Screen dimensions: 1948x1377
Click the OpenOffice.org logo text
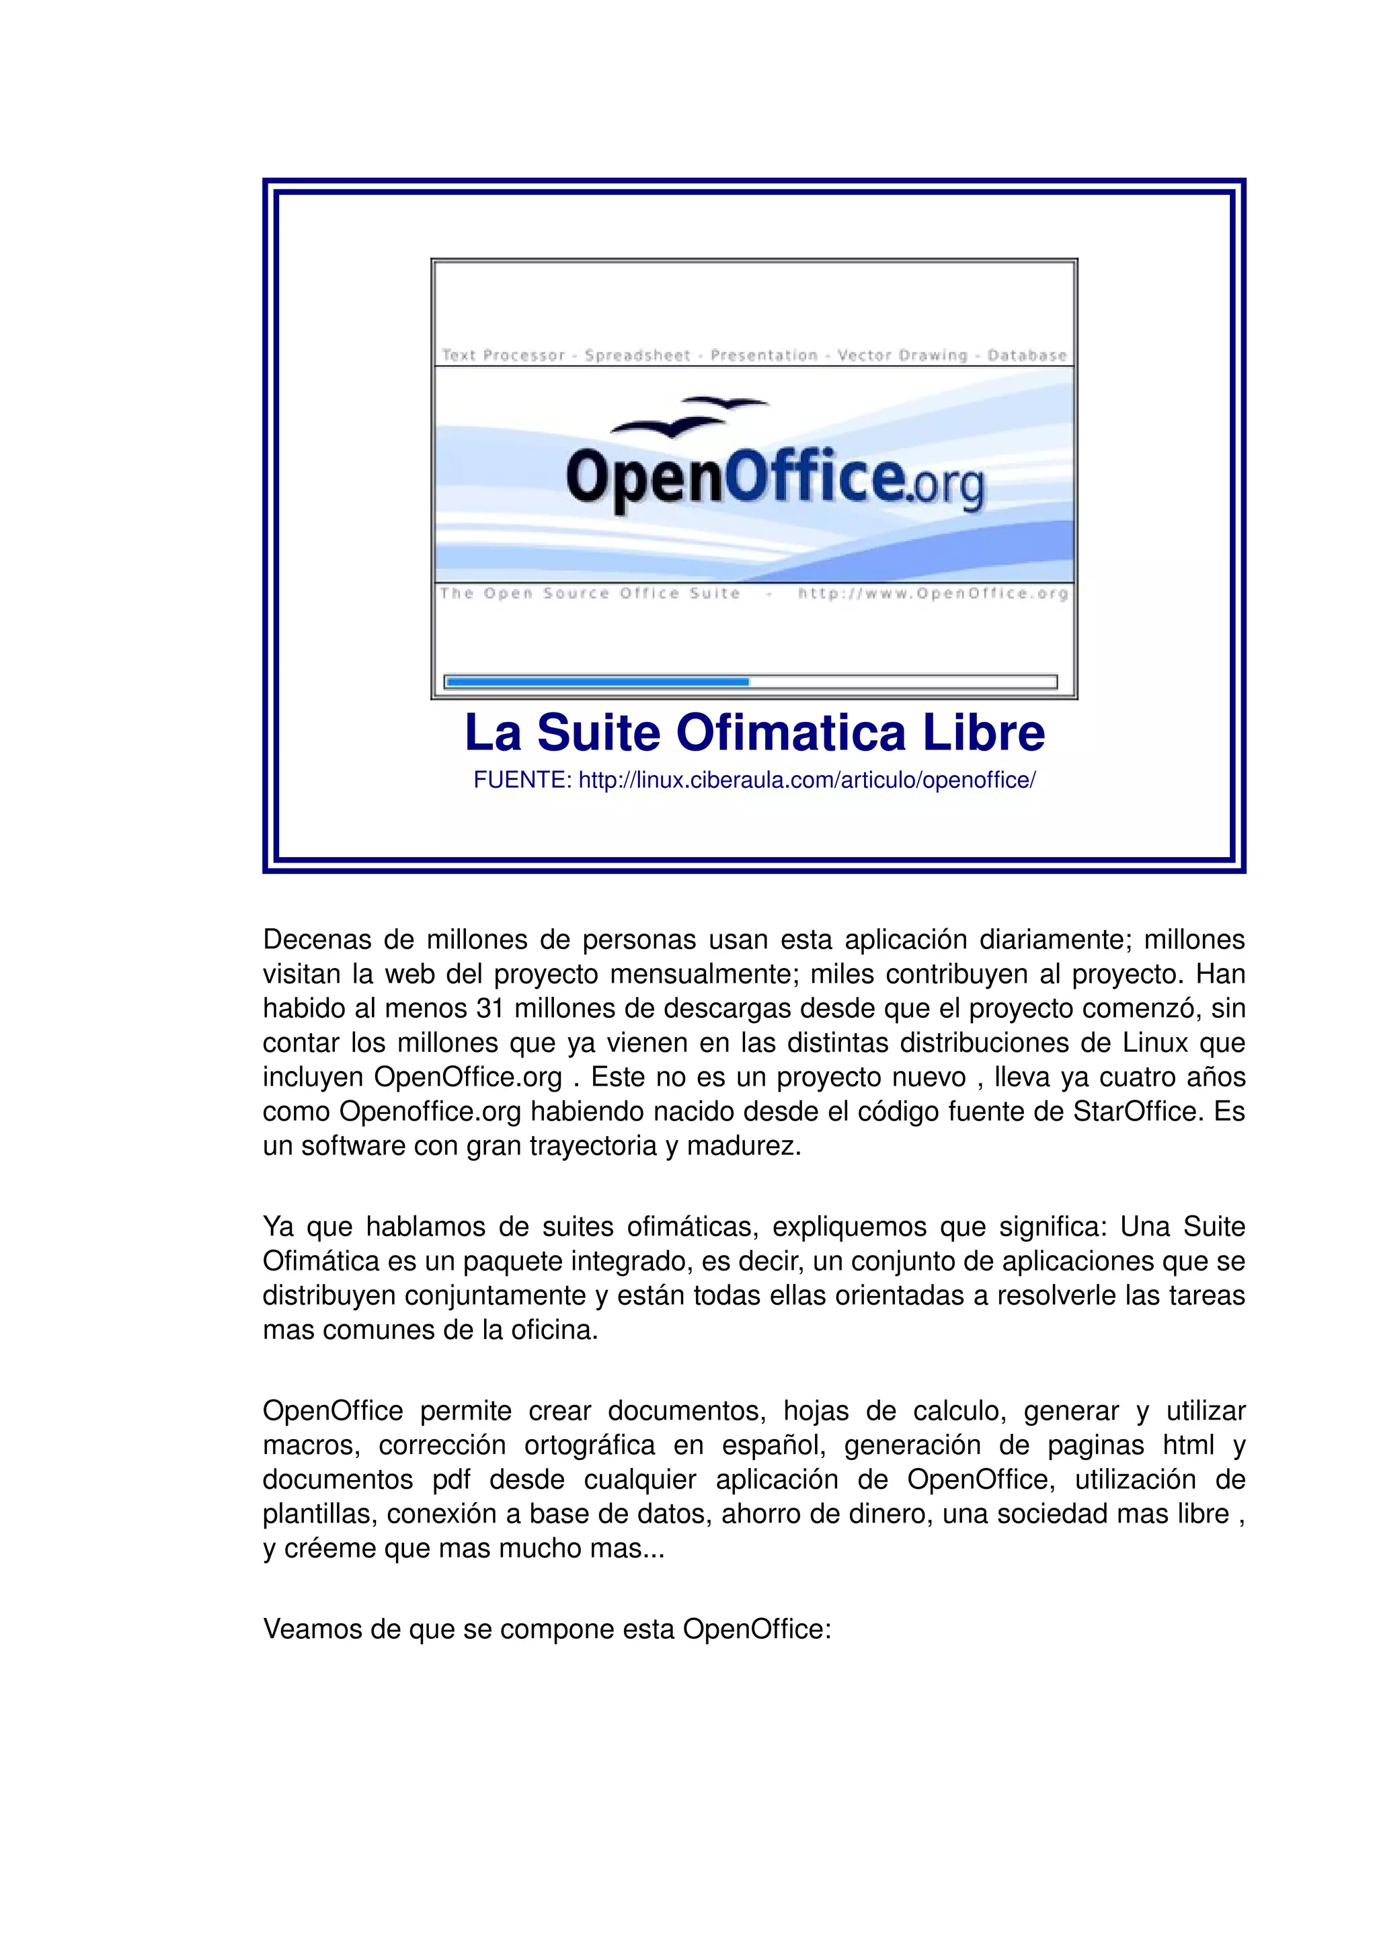pyautogui.click(x=774, y=479)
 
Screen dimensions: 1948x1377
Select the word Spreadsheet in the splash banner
pyautogui.click(x=637, y=356)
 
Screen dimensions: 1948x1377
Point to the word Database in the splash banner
pyautogui.click(x=1027, y=356)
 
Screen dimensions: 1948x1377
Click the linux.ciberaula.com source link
pyautogui.click(x=806, y=780)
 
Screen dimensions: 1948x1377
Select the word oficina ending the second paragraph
pyautogui.click(x=553, y=1330)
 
